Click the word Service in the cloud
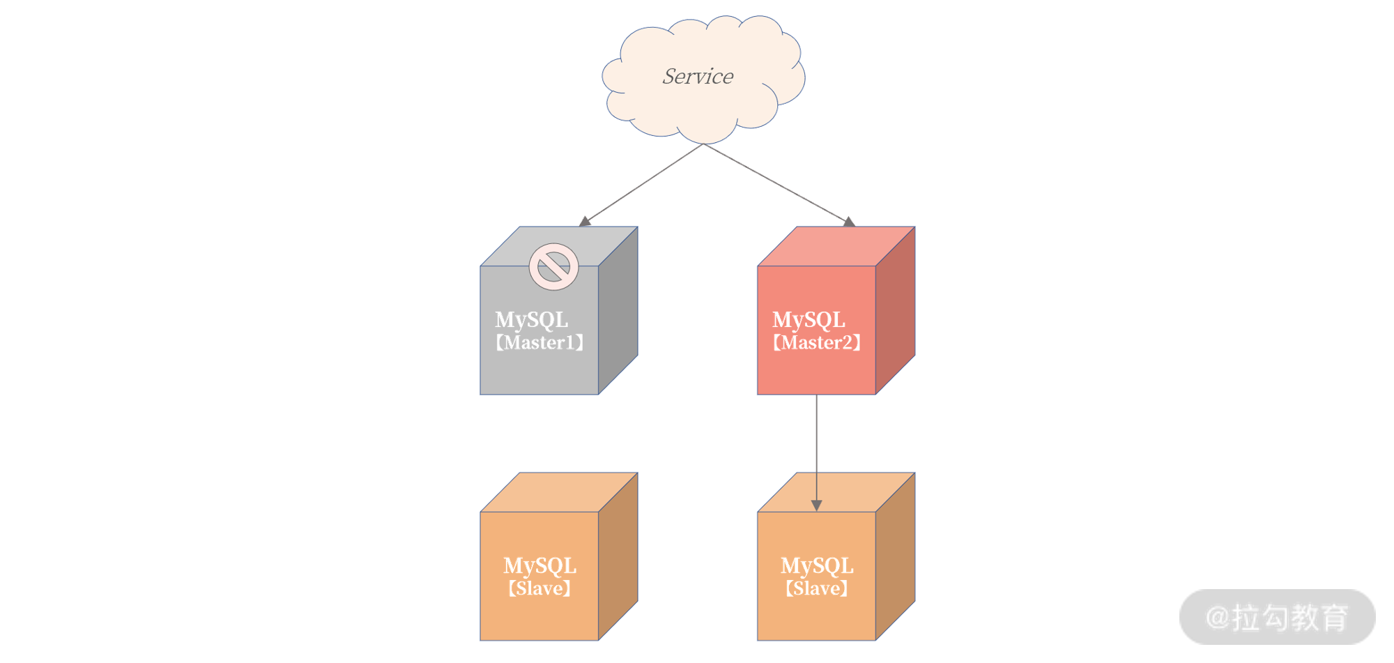click(698, 76)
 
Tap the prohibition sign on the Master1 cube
click(553, 266)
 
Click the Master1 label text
click(539, 342)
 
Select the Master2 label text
click(817, 342)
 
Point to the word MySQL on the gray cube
click(531, 319)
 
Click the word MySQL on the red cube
click(809, 319)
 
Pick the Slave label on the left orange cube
click(539, 588)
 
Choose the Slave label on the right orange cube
click(817, 588)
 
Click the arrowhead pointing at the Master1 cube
click(585, 222)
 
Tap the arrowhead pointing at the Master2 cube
click(849, 222)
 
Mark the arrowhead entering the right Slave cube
click(817, 505)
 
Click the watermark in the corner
click(1277, 617)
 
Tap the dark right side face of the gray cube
click(618, 310)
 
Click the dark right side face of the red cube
click(896, 310)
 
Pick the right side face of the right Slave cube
click(896, 556)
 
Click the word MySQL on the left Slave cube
click(539, 565)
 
